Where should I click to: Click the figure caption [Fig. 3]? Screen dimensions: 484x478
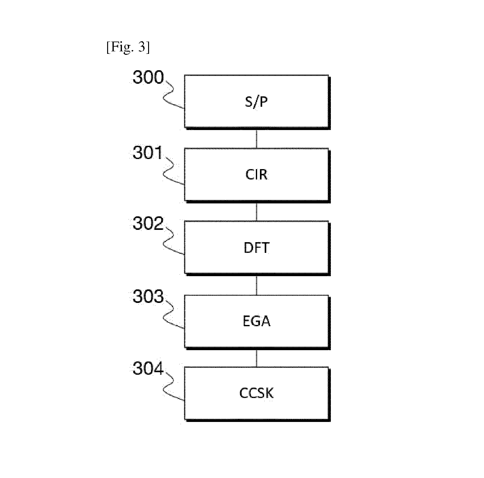click(x=128, y=48)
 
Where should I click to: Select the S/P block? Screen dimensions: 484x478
click(x=257, y=102)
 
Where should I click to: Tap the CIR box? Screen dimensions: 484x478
click(x=257, y=175)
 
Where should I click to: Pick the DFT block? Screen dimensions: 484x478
click(x=257, y=248)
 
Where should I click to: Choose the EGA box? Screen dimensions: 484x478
click(x=257, y=322)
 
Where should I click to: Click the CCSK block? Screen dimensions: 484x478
click(x=257, y=394)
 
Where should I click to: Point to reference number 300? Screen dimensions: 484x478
click(x=148, y=77)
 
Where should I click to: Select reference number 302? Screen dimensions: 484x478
click(x=148, y=224)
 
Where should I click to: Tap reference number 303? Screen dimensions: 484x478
click(x=148, y=296)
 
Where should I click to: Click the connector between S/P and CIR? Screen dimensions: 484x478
click(x=256, y=139)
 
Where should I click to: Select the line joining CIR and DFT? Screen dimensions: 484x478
click(x=256, y=212)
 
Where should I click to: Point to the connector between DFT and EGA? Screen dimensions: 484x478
click(x=256, y=285)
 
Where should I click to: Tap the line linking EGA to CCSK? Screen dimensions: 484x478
click(x=256, y=358)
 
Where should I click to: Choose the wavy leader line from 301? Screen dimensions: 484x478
click(x=169, y=170)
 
